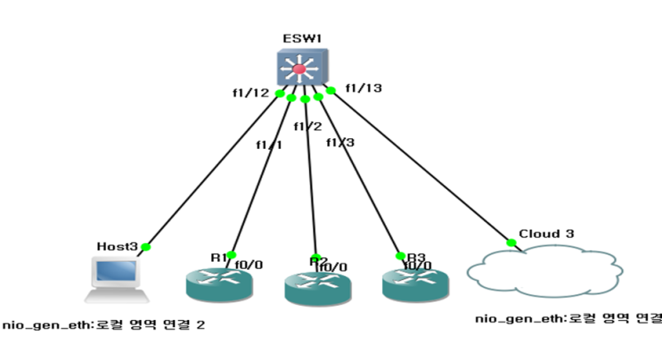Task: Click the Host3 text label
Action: tap(117, 245)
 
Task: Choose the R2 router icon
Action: tap(317, 288)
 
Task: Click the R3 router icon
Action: tap(414, 282)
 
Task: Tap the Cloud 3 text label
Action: tap(545, 233)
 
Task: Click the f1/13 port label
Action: tap(364, 87)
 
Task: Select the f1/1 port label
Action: tap(267, 144)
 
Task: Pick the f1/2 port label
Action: tap(306, 126)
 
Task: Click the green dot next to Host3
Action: tap(146, 247)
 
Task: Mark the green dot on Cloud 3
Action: tap(511, 242)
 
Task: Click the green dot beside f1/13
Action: tap(331, 90)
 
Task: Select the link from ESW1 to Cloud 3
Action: tap(419, 167)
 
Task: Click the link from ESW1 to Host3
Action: tap(214, 169)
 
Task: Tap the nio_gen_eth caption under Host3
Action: tap(103, 325)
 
